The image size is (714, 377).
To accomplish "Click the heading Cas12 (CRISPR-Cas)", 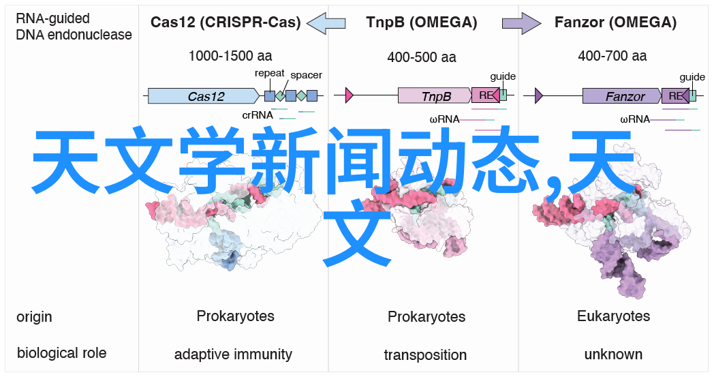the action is click(226, 22).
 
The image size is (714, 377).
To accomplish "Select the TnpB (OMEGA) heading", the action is click(422, 22).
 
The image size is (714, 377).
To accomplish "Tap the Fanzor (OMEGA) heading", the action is click(615, 22).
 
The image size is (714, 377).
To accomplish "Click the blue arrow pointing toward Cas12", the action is click(326, 22).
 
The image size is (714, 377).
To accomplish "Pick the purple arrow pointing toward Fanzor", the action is click(521, 22).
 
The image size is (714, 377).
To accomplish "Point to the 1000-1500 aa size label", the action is click(230, 56).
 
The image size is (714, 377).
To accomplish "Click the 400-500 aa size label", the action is click(422, 57).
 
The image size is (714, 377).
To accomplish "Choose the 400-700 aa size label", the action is click(612, 56).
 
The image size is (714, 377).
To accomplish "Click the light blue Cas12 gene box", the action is click(204, 95).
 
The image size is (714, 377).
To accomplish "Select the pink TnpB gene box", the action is click(435, 95).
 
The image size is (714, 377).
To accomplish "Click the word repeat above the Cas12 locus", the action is click(270, 74).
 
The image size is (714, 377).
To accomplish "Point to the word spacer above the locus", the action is click(306, 75).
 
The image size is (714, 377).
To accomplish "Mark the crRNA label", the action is click(258, 115).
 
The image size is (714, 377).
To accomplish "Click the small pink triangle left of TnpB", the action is click(350, 95).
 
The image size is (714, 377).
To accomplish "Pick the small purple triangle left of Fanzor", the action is click(539, 95).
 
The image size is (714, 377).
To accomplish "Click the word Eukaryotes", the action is click(613, 316).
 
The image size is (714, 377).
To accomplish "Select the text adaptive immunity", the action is click(233, 355).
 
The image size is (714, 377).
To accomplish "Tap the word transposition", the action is click(425, 355).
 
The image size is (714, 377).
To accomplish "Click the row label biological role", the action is click(61, 353).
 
